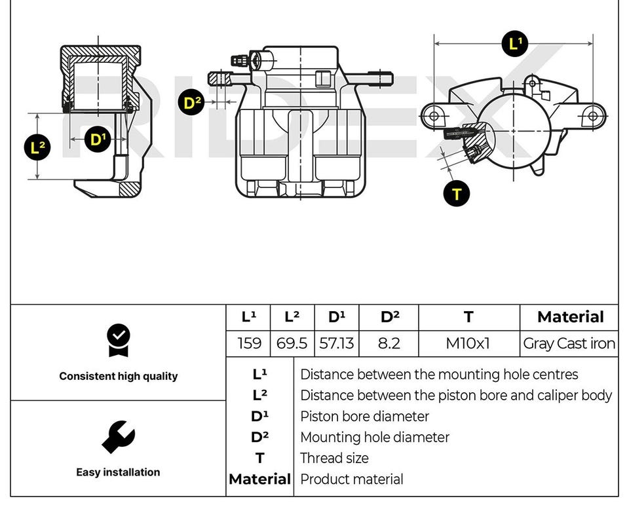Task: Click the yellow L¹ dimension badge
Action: tap(514, 44)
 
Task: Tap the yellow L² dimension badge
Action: tap(39, 147)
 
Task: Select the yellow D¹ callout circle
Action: tap(97, 139)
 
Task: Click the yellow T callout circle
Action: tap(457, 193)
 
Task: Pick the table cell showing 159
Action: tap(248, 343)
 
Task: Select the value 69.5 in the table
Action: tap(292, 343)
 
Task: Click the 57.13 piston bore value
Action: tap(336, 343)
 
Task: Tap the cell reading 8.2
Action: tap(389, 343)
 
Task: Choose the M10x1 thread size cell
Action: tap(468, 343)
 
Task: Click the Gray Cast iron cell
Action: tap(569, 343)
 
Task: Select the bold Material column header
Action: tap(570, 317)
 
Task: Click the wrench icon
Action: tap(118, 437)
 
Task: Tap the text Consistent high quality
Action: tap(118, 376)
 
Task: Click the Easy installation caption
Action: tap(118, 472)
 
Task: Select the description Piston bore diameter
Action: tap(364, 417)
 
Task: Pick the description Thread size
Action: tap(334, 459)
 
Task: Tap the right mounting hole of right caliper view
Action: tap(593, 116)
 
